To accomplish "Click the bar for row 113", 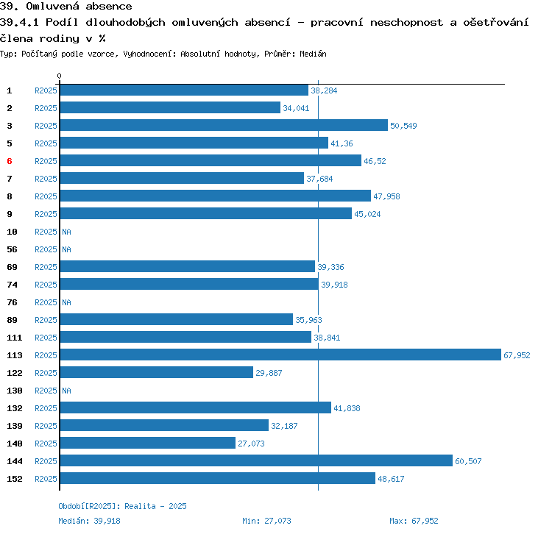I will [x=280, y=355].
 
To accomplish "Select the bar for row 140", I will [x=147, y=443].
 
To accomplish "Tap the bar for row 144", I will [x=255, y=460].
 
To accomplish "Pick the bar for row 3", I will [x=223, y=125].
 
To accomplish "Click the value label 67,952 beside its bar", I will [x=517, y=355].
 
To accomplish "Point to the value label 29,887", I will [x=269, y=373].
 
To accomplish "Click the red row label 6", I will [x=10, y=161].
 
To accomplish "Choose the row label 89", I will [x=13, y=320].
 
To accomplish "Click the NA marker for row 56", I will [x=66, y=249].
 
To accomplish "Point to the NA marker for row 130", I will [x=66, y=391].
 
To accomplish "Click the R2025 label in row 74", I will [x=46, y=285].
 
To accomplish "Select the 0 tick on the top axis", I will [x=60, y=76].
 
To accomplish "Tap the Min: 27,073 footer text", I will [x=266, y=521].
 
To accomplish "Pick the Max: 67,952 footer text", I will [x=414, y=521].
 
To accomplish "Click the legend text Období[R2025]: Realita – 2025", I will [x=122, y=506].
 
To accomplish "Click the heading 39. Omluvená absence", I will [x=66, y=7].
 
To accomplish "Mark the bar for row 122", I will [x=156, y=372].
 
